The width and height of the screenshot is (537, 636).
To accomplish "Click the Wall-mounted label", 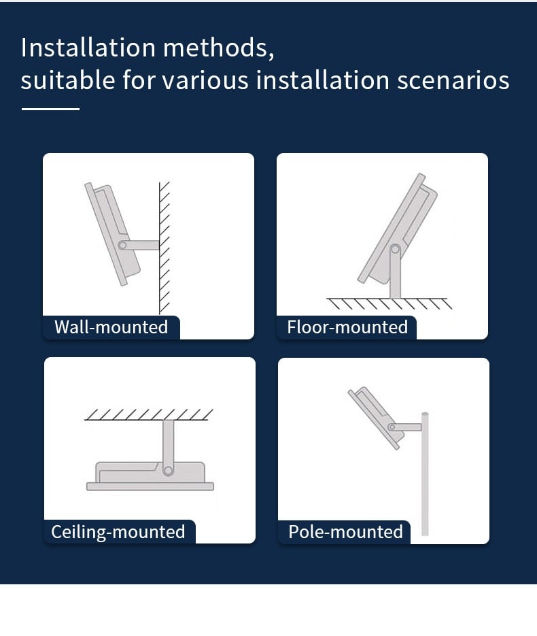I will tap(111, 327).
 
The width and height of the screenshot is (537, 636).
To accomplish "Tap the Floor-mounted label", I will tap(347, 327).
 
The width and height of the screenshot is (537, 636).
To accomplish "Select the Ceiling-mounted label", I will tap(118, 531).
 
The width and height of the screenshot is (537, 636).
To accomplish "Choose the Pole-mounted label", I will tap(345, 531).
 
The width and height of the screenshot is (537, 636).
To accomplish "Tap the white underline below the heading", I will tap(50, 108).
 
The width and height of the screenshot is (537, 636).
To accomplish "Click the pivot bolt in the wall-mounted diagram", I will tap(122, 245).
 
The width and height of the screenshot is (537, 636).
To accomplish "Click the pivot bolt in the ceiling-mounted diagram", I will tap(168, 469).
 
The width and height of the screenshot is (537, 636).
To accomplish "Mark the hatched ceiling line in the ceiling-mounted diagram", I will tap(149, 416).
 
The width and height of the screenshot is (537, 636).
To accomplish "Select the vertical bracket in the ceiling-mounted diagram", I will tap(168, 442).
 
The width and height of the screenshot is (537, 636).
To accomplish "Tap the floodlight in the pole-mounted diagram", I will tap(375, 414).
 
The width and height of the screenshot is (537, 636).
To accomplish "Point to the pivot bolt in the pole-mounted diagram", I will tap(392, 427).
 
